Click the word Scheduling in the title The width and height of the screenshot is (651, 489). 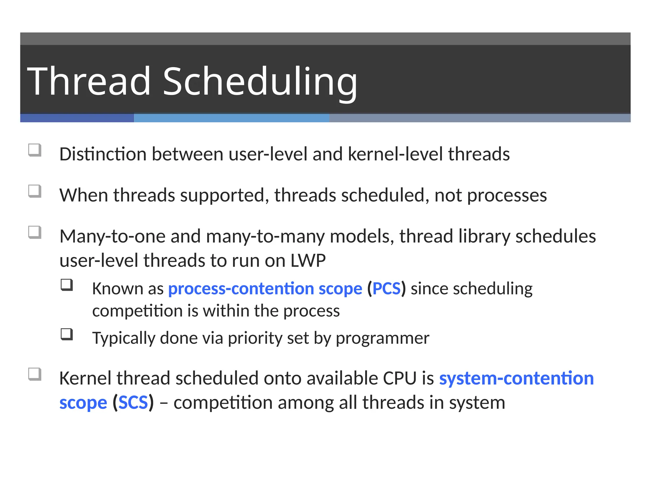point(260,81)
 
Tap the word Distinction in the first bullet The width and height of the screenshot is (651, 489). point(103,154)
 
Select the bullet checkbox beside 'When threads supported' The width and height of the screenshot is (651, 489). point(35,191)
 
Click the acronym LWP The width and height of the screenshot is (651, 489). point(308,260)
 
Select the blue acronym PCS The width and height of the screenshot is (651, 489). point(387,288)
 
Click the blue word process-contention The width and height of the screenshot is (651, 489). point(241,288)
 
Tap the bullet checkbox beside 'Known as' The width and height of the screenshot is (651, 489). point(67,285)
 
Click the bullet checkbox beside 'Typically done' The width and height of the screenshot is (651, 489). point(67,334)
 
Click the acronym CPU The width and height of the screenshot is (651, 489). point(400,378)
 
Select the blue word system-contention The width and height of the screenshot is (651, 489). point(516,378)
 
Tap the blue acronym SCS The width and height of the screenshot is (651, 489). point(133,402)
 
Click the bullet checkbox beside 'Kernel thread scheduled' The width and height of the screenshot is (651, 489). point(35,374)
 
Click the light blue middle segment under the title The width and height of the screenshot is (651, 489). point(231,118)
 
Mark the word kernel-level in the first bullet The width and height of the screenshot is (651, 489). point(395,154)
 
